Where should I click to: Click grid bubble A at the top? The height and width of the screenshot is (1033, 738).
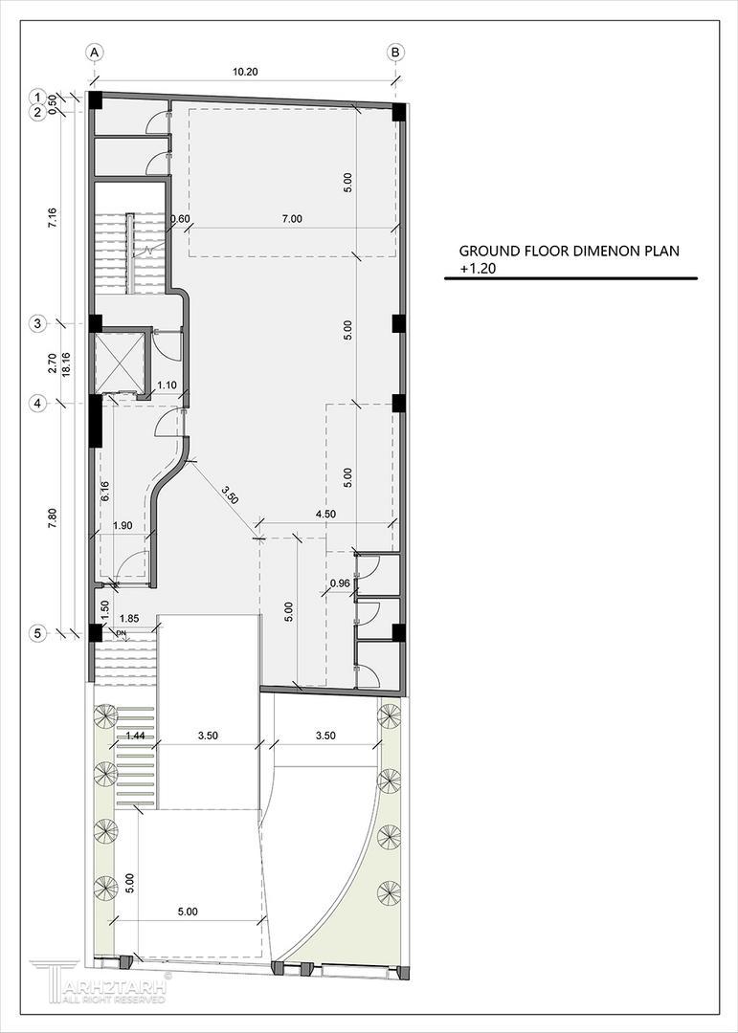(95, 52)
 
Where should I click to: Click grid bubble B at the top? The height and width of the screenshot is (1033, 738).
(395, 52)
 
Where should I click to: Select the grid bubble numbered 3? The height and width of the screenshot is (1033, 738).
(38, 323)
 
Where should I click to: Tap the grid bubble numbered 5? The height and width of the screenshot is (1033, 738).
(38, 634)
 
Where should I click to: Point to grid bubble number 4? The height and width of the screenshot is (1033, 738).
(38, 404)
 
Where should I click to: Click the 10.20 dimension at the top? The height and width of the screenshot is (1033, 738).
(245, 73)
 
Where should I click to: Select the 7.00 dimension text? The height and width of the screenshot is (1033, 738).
(292, 219)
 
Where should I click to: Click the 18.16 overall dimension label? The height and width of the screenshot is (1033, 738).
(67, 363)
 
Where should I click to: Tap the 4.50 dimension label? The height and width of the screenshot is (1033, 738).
(324, 515)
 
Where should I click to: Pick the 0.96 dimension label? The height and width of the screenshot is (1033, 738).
(339, 583)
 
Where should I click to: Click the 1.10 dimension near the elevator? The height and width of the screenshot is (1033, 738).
(167, 385)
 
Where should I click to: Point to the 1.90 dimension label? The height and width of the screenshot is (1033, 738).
(123, 526)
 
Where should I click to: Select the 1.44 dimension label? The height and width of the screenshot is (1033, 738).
(135, 736)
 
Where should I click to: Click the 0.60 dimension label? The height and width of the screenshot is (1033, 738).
(180, 219)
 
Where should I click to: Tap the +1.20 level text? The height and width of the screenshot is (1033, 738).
(478, 268)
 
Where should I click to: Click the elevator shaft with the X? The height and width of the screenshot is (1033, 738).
(119, 363)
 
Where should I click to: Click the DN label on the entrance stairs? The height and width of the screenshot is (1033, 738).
(121, 634)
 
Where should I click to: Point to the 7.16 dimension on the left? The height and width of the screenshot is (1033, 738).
(53, 218)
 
